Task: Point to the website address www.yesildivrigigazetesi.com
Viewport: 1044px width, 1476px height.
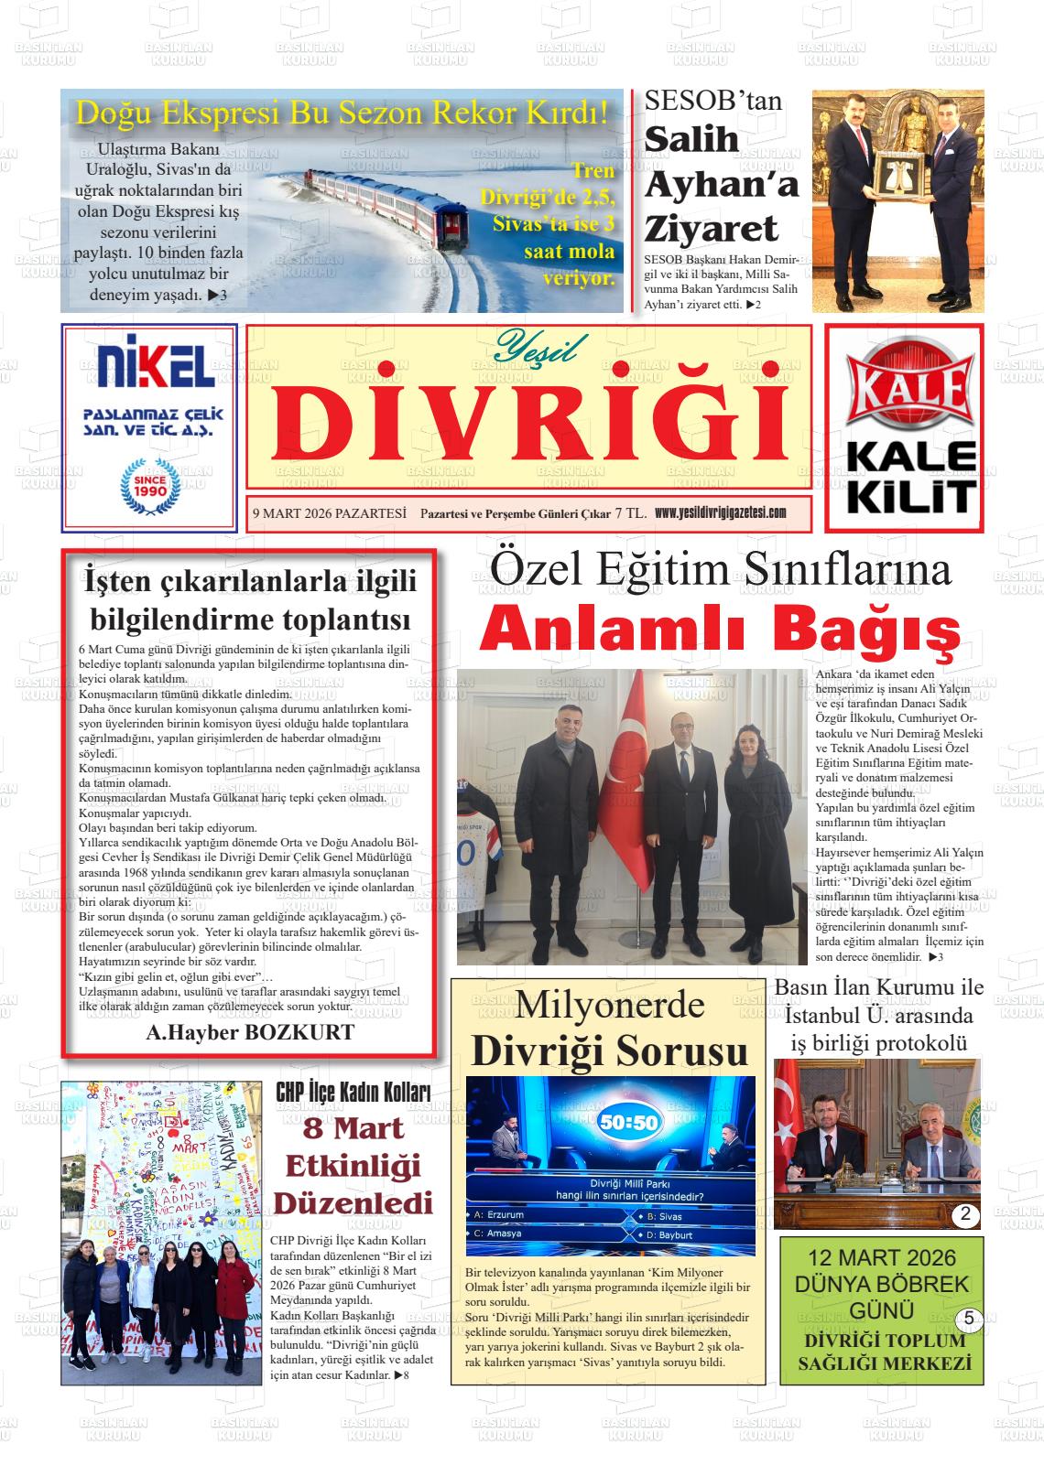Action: (721, 513)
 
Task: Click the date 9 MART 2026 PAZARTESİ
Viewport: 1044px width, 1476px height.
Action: (329, 514)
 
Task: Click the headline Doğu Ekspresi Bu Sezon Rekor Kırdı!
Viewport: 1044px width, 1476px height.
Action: (342, 113)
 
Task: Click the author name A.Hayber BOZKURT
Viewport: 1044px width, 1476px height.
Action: (250, 1033)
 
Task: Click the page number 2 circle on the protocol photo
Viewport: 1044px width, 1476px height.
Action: (966, 1216)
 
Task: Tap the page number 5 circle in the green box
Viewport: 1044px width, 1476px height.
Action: (969, 1319)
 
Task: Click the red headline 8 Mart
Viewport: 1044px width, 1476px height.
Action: (354, 1128)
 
